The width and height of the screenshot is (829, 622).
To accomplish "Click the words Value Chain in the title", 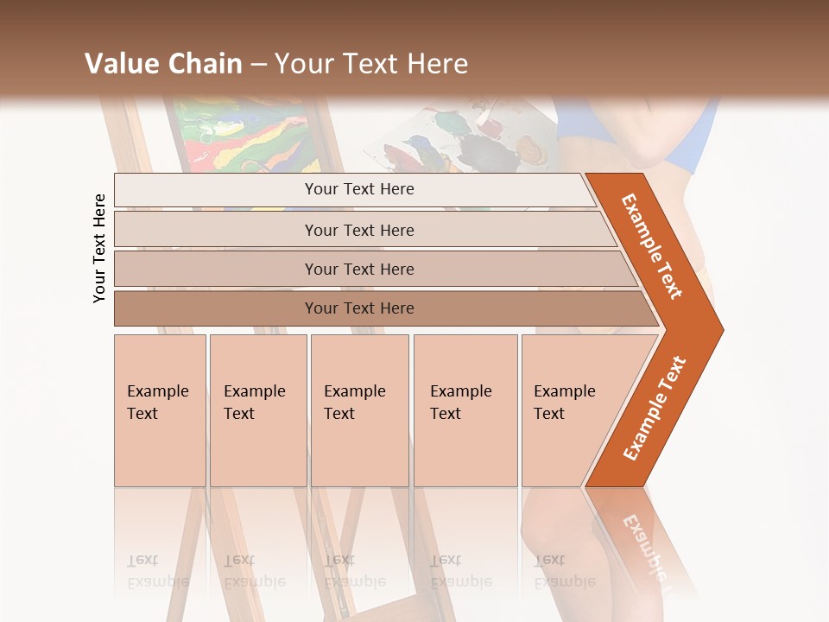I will pyautogui.click(x=163, y=64).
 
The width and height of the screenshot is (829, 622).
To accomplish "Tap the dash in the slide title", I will pyautogui.click(x=258, y=65).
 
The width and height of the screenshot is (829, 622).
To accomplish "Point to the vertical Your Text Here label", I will pyautogui.click(x=99, y=248).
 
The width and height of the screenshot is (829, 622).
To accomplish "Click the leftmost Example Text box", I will pyautogui.click(x=160, y=410).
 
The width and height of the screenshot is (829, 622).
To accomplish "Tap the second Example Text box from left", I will pyautogui.click(x=257, y=410).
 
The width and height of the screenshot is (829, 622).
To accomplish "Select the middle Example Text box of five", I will pyautogui.click(x=359, y=410).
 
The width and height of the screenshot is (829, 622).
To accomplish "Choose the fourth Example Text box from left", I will pyautogui.click(x=465, y=410).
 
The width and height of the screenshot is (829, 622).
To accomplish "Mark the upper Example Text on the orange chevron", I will pyautogui.click(x=652, y=246).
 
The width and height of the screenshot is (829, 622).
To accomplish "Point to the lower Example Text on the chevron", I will pyautogui.click(x=655, y=408).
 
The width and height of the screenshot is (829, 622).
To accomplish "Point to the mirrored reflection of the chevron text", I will pyautogui.click(x=643, y=544).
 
